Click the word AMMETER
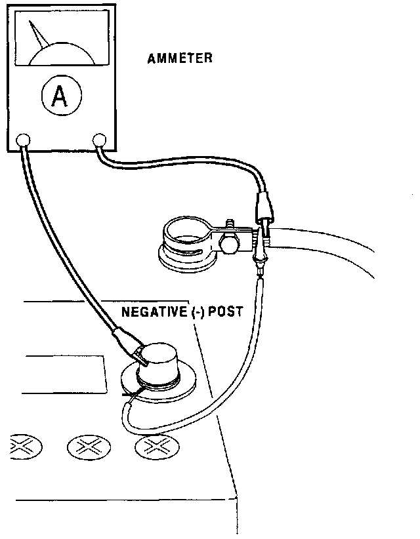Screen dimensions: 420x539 [x=180, y=58]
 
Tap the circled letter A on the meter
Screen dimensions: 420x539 [x=58, y=97]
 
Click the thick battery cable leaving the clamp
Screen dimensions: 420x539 [x=328, y=246]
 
